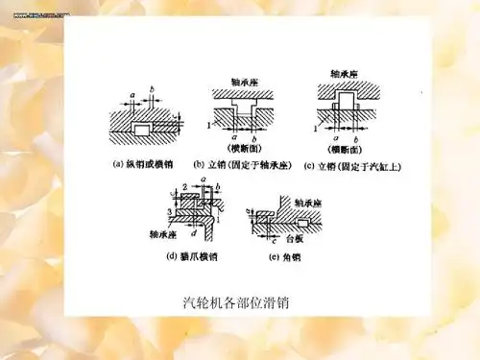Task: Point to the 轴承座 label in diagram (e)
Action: point(306,204)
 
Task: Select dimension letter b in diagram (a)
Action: point(153,93)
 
